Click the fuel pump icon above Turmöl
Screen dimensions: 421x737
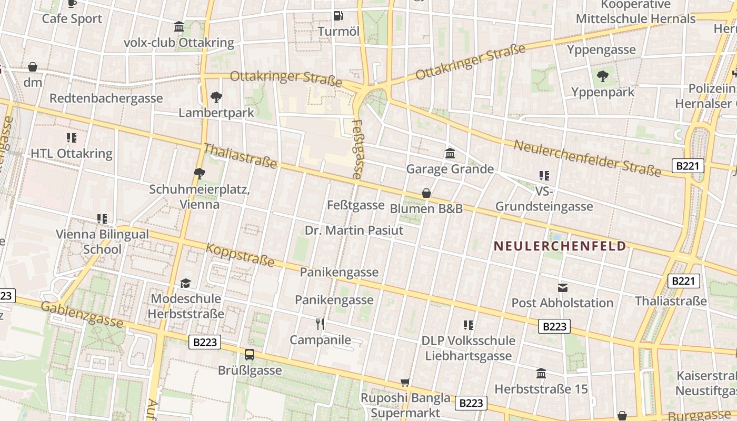coord(338,16)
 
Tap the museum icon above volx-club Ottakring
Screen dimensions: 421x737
coord(179,27)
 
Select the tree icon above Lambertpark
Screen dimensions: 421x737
coord(216,97)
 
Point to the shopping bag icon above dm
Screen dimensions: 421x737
coord(33,67)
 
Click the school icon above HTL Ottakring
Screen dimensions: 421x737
coord(72,138)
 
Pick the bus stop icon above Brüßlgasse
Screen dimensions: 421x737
coord(250,355)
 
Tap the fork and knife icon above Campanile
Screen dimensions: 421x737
coord(320,324)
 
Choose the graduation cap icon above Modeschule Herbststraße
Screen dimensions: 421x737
coord(185,284)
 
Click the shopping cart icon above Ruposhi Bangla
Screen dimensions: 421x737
coord(405,382)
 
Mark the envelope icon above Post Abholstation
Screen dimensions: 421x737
coord(563,287)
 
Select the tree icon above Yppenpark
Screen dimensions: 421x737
coord(603,77)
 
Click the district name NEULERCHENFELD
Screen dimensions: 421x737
coord(560,246)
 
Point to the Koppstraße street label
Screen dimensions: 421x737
coord(240,255)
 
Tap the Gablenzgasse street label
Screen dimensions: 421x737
coord(82,314)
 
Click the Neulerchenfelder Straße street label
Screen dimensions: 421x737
coord(587,158)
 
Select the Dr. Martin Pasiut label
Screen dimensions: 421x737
coord(354,230)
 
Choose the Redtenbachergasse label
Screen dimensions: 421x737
coord(106,98)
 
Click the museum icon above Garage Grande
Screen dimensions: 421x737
coord(450,154)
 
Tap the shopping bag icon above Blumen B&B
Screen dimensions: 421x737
coord(426,194)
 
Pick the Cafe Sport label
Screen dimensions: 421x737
coord(72,18)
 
